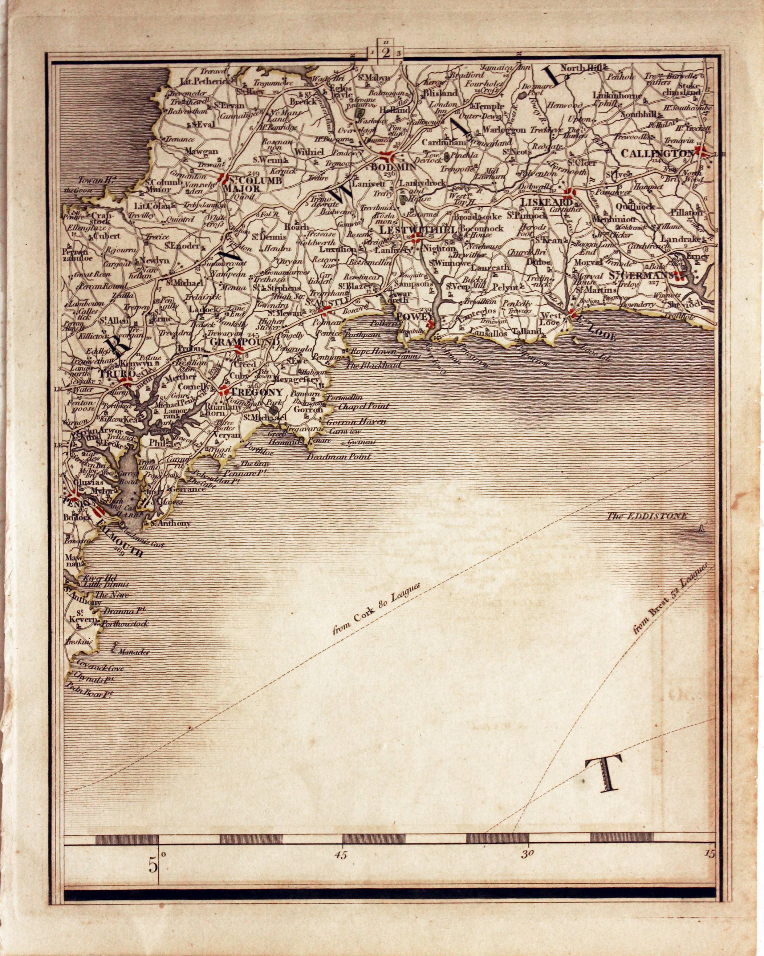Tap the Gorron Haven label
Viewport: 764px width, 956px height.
click(356, 422)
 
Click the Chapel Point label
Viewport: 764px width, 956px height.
click(363, 406)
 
